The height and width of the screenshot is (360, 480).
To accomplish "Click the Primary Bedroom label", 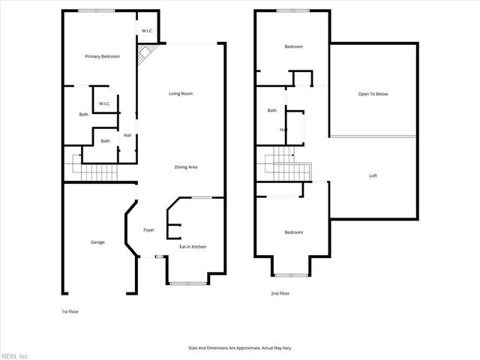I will pyautogui.click(x=102, y=56).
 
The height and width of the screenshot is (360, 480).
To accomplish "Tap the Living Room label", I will pyautogui.click(x=181, y=94).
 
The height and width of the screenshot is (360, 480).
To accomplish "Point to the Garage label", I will pyautogui.click(x=97, y=242).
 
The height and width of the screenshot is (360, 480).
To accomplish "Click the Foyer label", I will pyautogui.click(x=148, y=229).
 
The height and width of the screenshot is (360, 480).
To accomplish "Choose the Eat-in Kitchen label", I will pyautogui.click(x=192, y=247).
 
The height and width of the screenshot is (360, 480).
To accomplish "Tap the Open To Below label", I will pyautogui.click(x=373, y=94).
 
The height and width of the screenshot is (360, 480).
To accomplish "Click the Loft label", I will pyautogui.click(x=373, y=175).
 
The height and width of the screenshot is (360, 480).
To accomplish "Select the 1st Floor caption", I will pyautogui.click(x=70, y=310).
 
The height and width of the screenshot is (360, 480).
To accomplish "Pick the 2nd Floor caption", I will pyautogui.click(x=280, y=293).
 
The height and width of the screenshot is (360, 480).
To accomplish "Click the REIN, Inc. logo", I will pyautogui.click(x=15, y=355).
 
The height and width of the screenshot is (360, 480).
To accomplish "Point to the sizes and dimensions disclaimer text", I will pyautogui.click(x=239, y=348).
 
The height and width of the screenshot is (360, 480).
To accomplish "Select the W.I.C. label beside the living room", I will pyautogui.click(x=148, y=31).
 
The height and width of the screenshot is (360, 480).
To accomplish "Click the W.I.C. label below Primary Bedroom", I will pyautogui.click(x=104, y=104).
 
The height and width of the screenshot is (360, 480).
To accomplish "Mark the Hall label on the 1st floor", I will pyautogui.click(x=127, y=135).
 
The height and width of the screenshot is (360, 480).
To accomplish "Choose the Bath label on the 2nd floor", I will pyautogui.click(x=272, y=110).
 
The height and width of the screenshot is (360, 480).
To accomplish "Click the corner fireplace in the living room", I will pyautogui.click(x=144, y=54).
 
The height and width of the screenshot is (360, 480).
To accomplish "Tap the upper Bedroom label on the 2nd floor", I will pyautogui.click(x=293, y=46).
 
